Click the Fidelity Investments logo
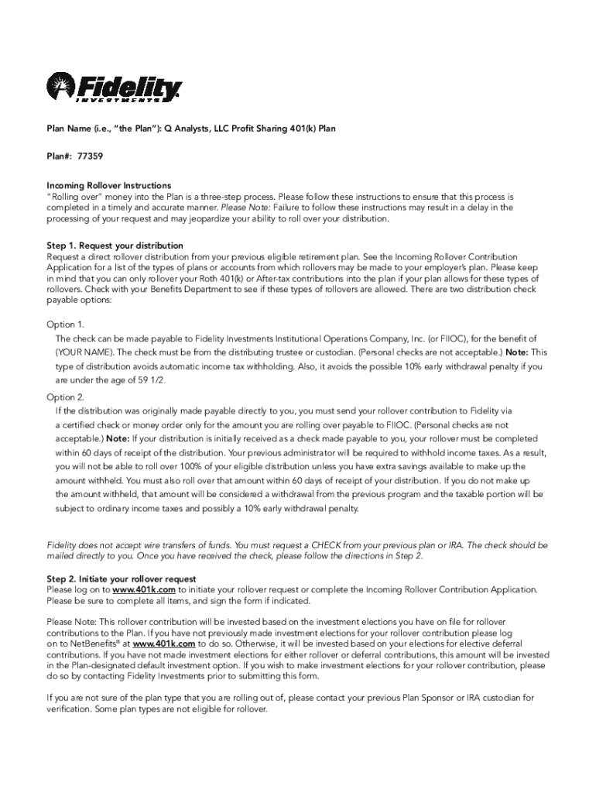(x=114, y=88)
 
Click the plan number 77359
(x=90, y=156)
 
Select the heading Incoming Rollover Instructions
(x=109, y=186)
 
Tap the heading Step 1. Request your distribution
(x=115, y=245)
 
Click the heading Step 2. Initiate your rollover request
(x=122, y=578)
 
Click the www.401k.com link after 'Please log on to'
(x=144, y=590)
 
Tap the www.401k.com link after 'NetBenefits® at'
(x=163, y=643)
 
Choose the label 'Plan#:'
(x=60, y=156)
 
